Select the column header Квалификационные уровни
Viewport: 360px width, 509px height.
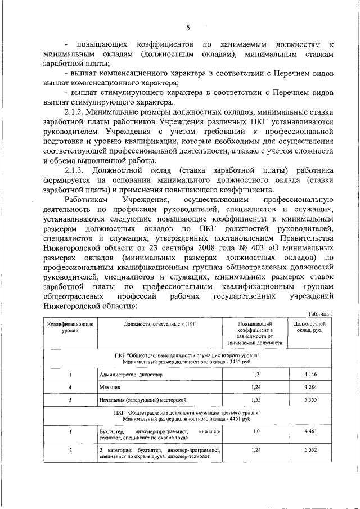tap(70, 328)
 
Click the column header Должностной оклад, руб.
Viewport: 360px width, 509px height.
tap(309, 328)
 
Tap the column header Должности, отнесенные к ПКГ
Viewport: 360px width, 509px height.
tap(160, 325)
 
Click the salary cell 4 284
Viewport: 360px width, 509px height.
tap(309, 387)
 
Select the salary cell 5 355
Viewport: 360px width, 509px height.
tap(309, 399)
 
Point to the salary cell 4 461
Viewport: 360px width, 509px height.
tap(309, 431)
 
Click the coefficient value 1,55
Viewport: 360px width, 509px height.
tap(256, 399)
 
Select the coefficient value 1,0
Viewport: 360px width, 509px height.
tap(256, 431)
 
